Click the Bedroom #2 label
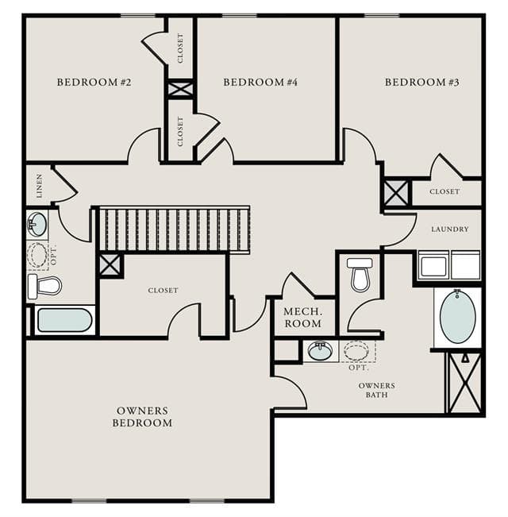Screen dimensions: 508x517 (x=94, y=82)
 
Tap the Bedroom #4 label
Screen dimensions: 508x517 (x=260, y=82)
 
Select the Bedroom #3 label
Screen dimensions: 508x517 (x=422, y=82)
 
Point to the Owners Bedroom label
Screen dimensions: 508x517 (x=142, y=417)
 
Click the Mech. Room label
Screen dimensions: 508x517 (x=302, y=318)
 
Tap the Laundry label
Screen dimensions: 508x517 (x=450, y=230)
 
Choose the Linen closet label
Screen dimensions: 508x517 (x=40, y=186)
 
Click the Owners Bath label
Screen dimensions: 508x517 (x=376, y=390)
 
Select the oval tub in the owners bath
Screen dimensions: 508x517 (x=457, y=317)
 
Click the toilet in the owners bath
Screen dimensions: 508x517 (x=360, y=275)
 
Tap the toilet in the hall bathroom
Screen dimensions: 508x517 (x=44, y=286)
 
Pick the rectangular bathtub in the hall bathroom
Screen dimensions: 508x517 (x=65, y=320)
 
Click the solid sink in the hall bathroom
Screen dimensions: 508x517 (x=37, y=224)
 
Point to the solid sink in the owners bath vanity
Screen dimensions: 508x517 (x=320, y=351)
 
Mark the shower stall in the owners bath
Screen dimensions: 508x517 (x=465, y=383)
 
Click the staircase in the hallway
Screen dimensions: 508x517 (x=175, y=230)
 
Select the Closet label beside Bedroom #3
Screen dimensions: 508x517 (x=444, y=191)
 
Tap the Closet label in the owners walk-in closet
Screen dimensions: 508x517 (x=163, y=291)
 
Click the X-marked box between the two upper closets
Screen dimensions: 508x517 (x=180, y=89)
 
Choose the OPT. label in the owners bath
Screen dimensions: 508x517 (x=359, y=368)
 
